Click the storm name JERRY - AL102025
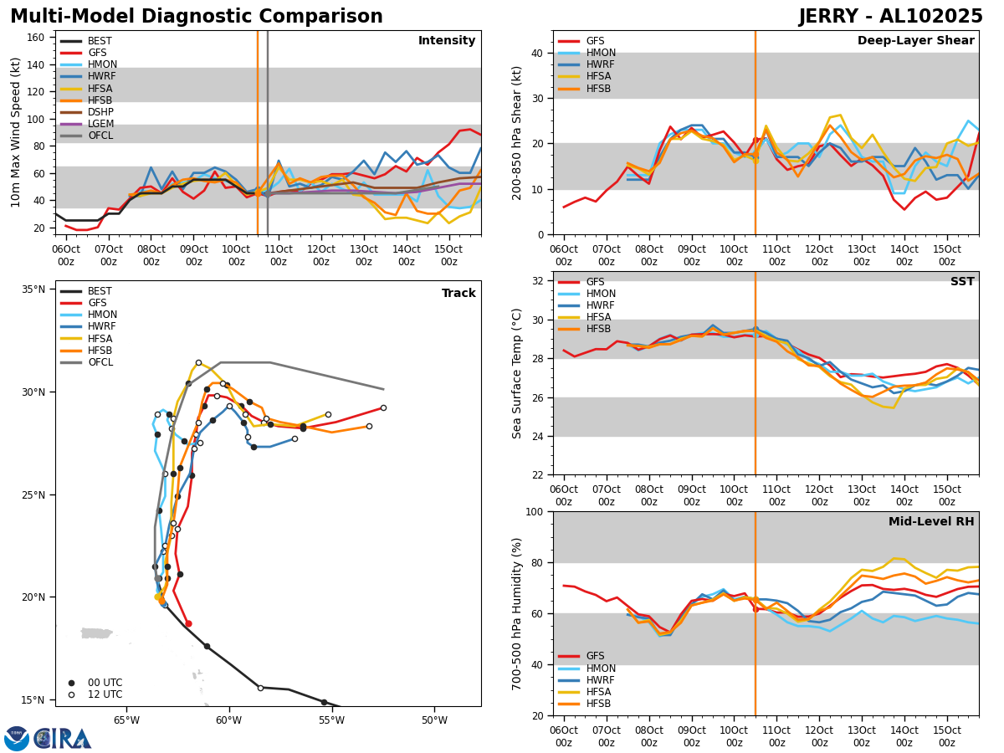(x=890, y=17)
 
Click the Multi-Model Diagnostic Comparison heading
(x=197, y=17)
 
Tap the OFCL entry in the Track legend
(x=100, y=362)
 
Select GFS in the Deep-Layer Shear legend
(x=595, y=41)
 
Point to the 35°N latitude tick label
(x=33, y=289)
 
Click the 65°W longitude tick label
(x=126, y=720)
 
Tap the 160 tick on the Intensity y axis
(x=38, y=38)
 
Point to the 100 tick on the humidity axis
(x=532, y=511)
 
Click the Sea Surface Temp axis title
(x=517, y=373)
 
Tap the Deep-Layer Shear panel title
(x=915, y=41)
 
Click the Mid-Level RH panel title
(x=931, y=522)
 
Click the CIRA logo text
(x=63, y=739)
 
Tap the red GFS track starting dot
(x=188, y=623)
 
